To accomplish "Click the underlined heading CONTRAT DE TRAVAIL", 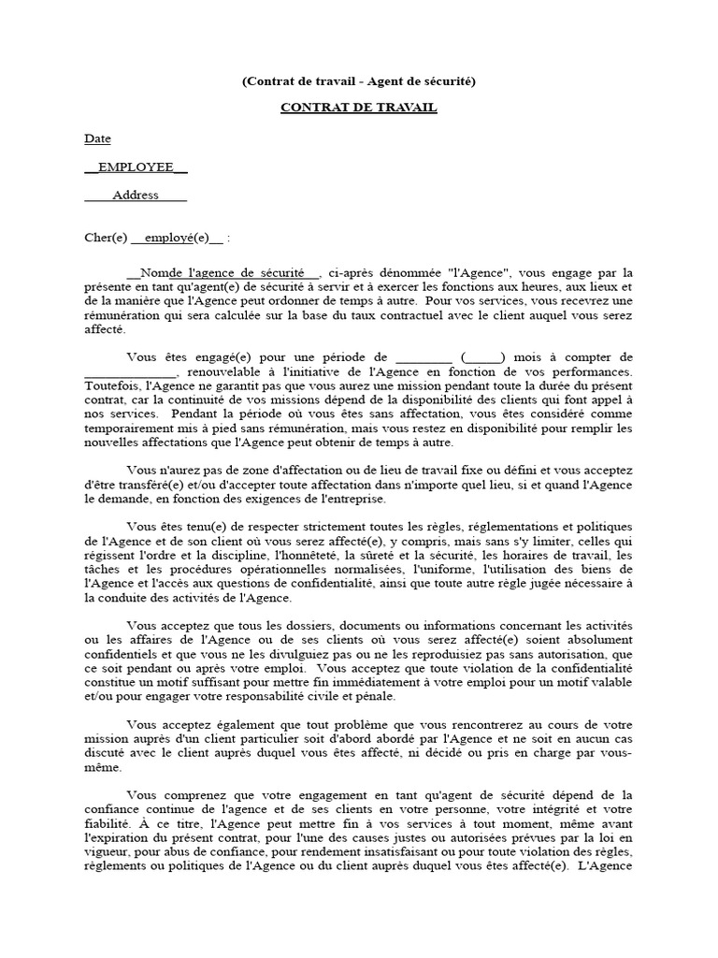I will [359, 108].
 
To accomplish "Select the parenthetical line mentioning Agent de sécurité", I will [359, 81].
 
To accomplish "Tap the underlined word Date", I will [97, 138].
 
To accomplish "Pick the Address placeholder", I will [136, 196].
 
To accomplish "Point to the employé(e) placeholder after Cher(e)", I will [178, 237].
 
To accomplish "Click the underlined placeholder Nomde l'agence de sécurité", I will [227, 272].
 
